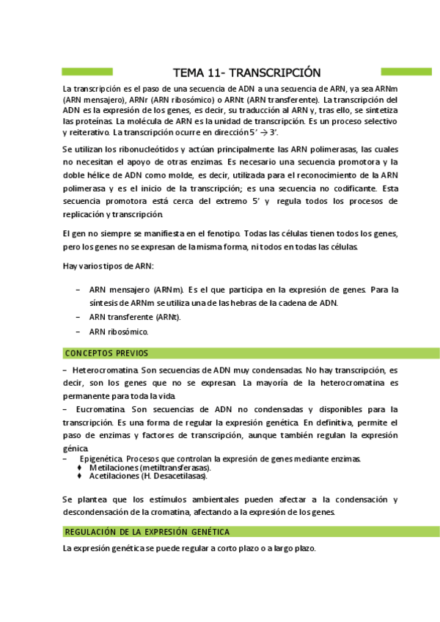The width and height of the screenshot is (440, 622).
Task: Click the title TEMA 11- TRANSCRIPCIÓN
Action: click(x=247, y=72)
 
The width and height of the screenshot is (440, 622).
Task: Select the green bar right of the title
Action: click(x=406, y=72)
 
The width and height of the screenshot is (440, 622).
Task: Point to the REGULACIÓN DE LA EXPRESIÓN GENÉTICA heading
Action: click(x=147, y=531)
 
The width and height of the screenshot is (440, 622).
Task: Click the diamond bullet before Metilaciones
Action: click(x=79, y=467)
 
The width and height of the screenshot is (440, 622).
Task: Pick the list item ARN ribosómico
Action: click(x=118, y=332)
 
